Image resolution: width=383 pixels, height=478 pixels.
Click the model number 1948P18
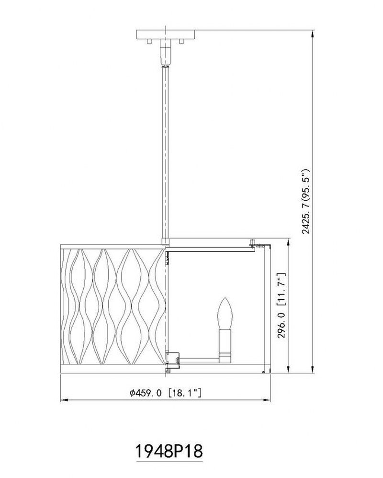(169, 452)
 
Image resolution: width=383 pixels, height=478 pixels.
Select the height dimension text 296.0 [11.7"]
(282, 305)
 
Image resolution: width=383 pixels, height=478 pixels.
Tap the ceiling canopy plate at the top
(165, 34)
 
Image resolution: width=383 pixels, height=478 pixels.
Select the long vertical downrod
(165, 152)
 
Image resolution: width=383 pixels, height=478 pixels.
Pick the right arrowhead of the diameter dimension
(267, 400)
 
